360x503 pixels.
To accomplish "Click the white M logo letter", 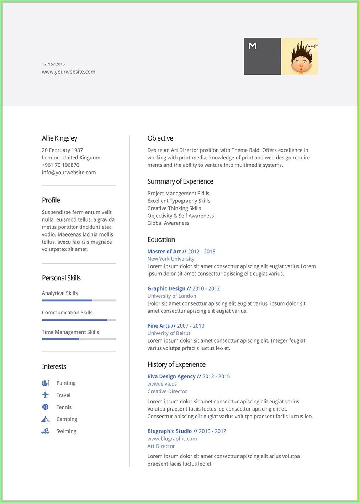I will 253,46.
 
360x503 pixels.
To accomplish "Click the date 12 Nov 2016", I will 53,64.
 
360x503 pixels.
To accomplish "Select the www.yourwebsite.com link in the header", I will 68,72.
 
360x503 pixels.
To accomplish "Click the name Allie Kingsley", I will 59,138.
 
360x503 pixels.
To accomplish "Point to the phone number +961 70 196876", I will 60,165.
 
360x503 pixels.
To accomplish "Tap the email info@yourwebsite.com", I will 69,173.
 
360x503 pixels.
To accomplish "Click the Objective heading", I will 160,138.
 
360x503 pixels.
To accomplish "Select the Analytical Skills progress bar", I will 79,300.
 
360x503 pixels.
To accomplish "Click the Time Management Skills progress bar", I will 79,339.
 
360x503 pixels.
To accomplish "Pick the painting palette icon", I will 45,383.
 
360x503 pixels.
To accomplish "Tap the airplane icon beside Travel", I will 45,395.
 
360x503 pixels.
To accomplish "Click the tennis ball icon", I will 45,407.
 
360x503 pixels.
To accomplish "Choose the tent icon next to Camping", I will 45,419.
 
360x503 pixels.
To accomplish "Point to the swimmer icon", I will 45,431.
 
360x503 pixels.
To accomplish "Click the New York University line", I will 171,259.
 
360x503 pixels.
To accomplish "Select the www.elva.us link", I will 162,384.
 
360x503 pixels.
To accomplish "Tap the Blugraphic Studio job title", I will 169,431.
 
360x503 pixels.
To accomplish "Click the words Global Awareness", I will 168,223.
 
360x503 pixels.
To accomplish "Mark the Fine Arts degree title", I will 159,326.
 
